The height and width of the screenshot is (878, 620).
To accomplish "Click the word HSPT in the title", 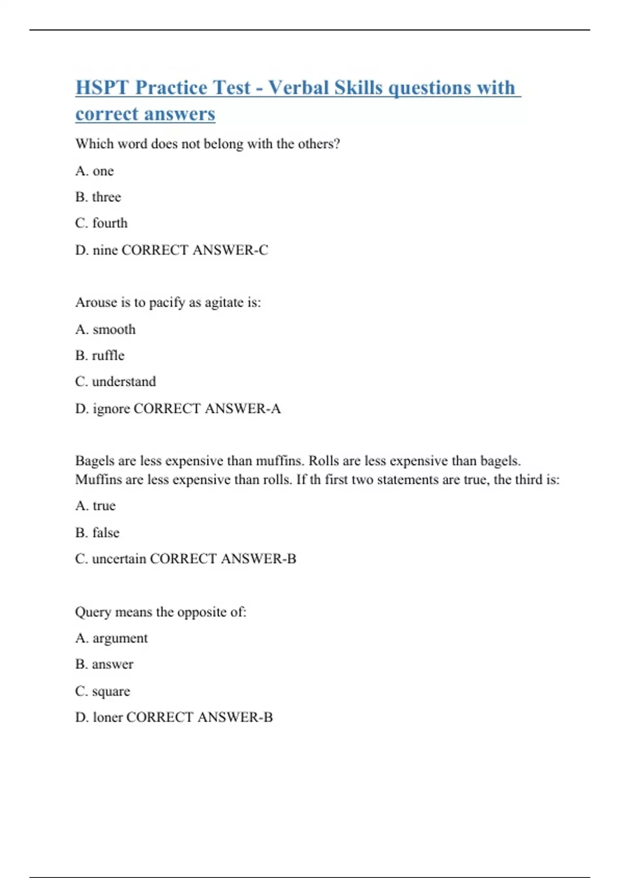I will click(102, 87).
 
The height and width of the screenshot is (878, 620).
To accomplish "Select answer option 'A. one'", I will click(95, 171).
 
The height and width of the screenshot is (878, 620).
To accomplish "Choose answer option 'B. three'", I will click(98, 197).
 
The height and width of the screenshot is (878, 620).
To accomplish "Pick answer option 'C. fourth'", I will click(101, 223).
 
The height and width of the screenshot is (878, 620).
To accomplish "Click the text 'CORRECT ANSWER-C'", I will click(195, 250).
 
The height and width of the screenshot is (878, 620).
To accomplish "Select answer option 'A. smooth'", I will click(105, 330).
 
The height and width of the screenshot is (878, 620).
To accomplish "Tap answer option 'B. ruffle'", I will click(100, 355).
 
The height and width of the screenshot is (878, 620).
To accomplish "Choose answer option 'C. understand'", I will click(115, 382).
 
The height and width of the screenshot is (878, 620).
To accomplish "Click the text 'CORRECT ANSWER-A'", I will click(207, 409).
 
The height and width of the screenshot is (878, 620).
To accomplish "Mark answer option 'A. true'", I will click(96, 506).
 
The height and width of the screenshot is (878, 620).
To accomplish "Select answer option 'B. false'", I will click(97, 532).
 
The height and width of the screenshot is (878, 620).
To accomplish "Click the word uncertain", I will click(119, 559).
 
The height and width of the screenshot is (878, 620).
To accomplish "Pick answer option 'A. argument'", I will click(111, 638).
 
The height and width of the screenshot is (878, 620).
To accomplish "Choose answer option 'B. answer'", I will click(104, 664).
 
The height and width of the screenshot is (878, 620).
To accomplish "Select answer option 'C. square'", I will click(102, 691).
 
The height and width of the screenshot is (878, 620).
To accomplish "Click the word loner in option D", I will click(107, 717).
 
